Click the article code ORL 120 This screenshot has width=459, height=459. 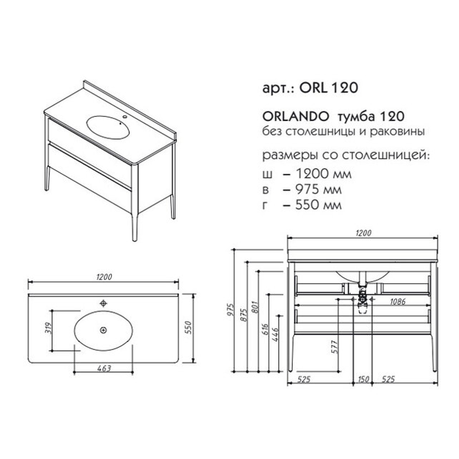[x=329, y=87]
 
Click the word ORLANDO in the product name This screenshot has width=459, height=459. [x=296, y=117]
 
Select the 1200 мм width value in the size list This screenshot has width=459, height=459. [x=324, y=174]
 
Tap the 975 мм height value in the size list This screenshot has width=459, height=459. [x=319, y=190]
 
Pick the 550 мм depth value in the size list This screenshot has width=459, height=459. [x=319, y=205]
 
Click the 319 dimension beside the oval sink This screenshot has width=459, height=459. [x=49, y=328]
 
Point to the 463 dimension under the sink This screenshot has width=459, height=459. [x=104, y=368]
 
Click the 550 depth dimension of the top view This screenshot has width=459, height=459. [x=188, y=328]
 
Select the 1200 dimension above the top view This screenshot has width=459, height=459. [x=104, y=277]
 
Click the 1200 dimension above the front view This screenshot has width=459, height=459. [x=363, y=233]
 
